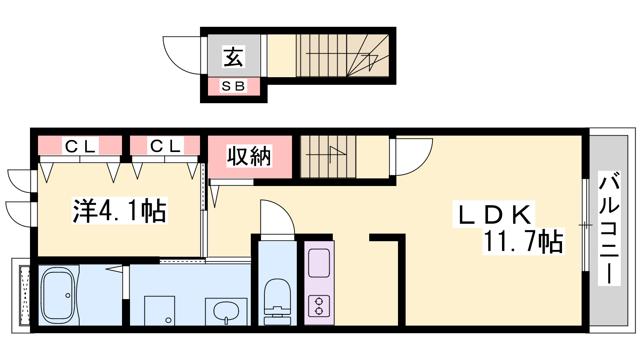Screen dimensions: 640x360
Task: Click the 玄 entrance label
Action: [x=234, y=56]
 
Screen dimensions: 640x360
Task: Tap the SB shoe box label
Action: [x=233, y=86]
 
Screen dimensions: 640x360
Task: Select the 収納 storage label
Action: [x=249, y=156]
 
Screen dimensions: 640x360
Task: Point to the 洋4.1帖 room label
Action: [x=120, y=210]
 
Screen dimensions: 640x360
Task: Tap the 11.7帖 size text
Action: [x=524, y=242]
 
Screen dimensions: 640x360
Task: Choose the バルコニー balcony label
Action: [x=609, y=228]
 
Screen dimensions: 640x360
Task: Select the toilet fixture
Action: [x=278, y=302]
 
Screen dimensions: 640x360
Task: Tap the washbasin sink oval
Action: [x=226, y=312]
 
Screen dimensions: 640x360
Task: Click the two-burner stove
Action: [x=319, y=306]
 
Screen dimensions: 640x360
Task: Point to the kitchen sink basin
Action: [x=319, y=263]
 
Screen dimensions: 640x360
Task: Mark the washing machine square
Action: [x=160, y=311]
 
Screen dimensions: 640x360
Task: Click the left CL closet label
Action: [x=80, y=146]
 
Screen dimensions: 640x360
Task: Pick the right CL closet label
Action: [x=166, y=146]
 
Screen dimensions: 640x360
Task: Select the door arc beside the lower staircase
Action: [x=422, y=165]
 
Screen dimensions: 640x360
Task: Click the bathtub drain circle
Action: [x=68, y=296]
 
